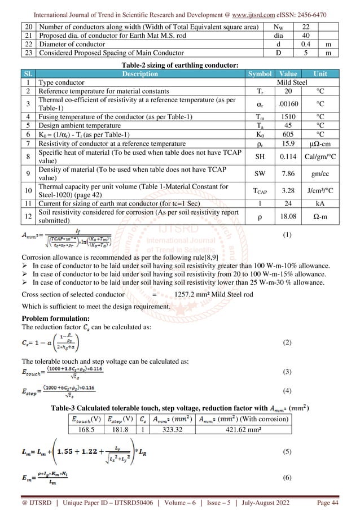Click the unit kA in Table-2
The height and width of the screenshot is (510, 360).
tap(320, 200)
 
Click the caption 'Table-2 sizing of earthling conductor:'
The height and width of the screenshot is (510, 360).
tap(179, 65)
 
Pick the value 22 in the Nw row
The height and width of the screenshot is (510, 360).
tap(305, 27)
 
